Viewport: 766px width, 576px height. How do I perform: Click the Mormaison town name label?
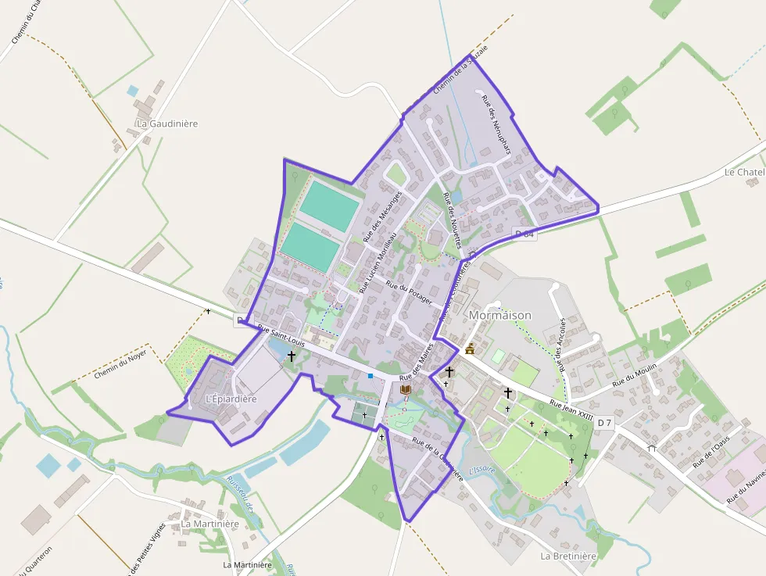499,315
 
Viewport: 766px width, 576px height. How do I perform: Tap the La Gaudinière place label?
167,123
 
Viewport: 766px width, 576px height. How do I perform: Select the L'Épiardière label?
231,399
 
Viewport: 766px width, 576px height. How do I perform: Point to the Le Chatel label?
743,172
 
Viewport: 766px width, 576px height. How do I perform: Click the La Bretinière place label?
568,556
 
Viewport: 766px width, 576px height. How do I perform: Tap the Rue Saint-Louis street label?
281,336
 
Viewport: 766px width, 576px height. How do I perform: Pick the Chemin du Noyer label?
120,365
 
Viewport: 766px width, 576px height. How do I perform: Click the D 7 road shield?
604,423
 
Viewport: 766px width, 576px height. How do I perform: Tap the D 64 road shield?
525,234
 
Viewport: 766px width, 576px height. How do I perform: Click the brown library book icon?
405,389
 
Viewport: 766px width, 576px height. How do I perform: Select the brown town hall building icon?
470,349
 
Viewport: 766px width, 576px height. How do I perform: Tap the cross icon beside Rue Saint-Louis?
292,356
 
